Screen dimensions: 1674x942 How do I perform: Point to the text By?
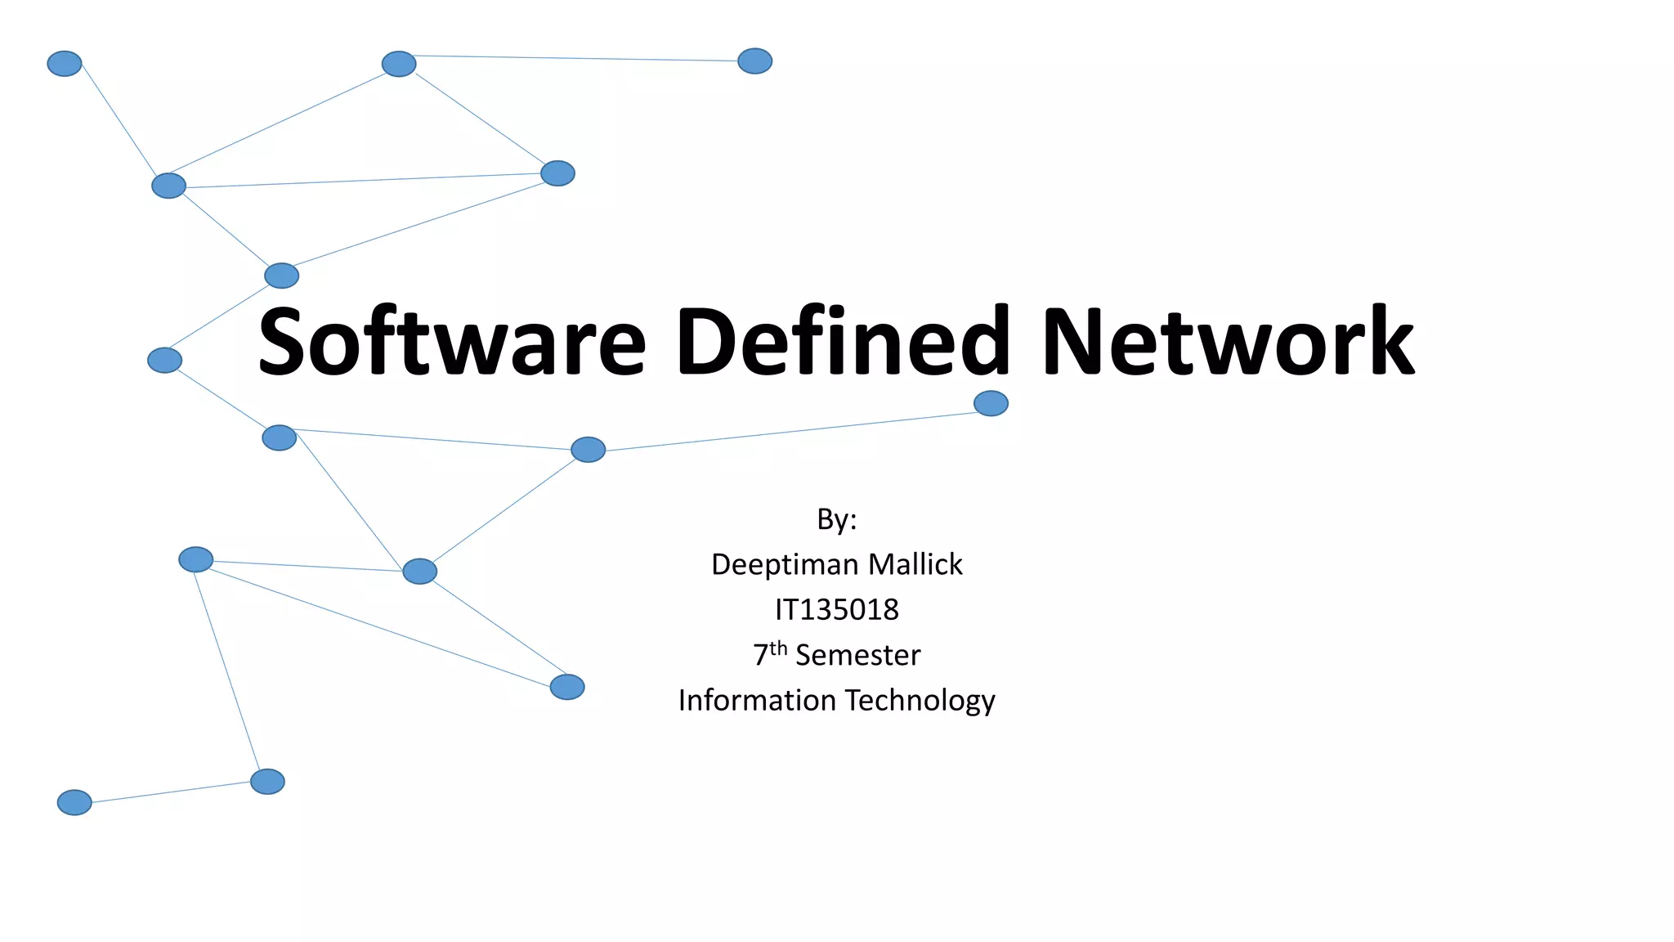coord(836,519)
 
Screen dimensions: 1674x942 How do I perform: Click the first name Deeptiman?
coord(785,564)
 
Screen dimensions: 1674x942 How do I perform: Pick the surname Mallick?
coord(915,564)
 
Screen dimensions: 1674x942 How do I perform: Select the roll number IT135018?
coord(836,610)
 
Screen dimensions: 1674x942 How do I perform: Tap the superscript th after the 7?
coord(778,648)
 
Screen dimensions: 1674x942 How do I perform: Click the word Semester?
coord(857,655)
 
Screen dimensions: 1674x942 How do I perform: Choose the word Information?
coord(757,701)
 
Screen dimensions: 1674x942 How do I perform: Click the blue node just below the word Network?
coord(991,403)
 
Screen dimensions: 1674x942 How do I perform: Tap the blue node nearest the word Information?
coord(567,687)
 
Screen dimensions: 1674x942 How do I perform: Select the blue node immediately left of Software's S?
coord(164,360)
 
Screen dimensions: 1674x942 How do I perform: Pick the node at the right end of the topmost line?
coord(754,61)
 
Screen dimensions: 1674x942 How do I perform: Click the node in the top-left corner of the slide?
coord(65,64)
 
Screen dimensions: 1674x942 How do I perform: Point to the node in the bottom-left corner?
coord(74,802)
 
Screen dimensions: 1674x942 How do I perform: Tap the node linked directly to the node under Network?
coord(588,450)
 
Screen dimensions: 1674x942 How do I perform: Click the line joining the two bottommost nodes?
coord(171,792)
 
